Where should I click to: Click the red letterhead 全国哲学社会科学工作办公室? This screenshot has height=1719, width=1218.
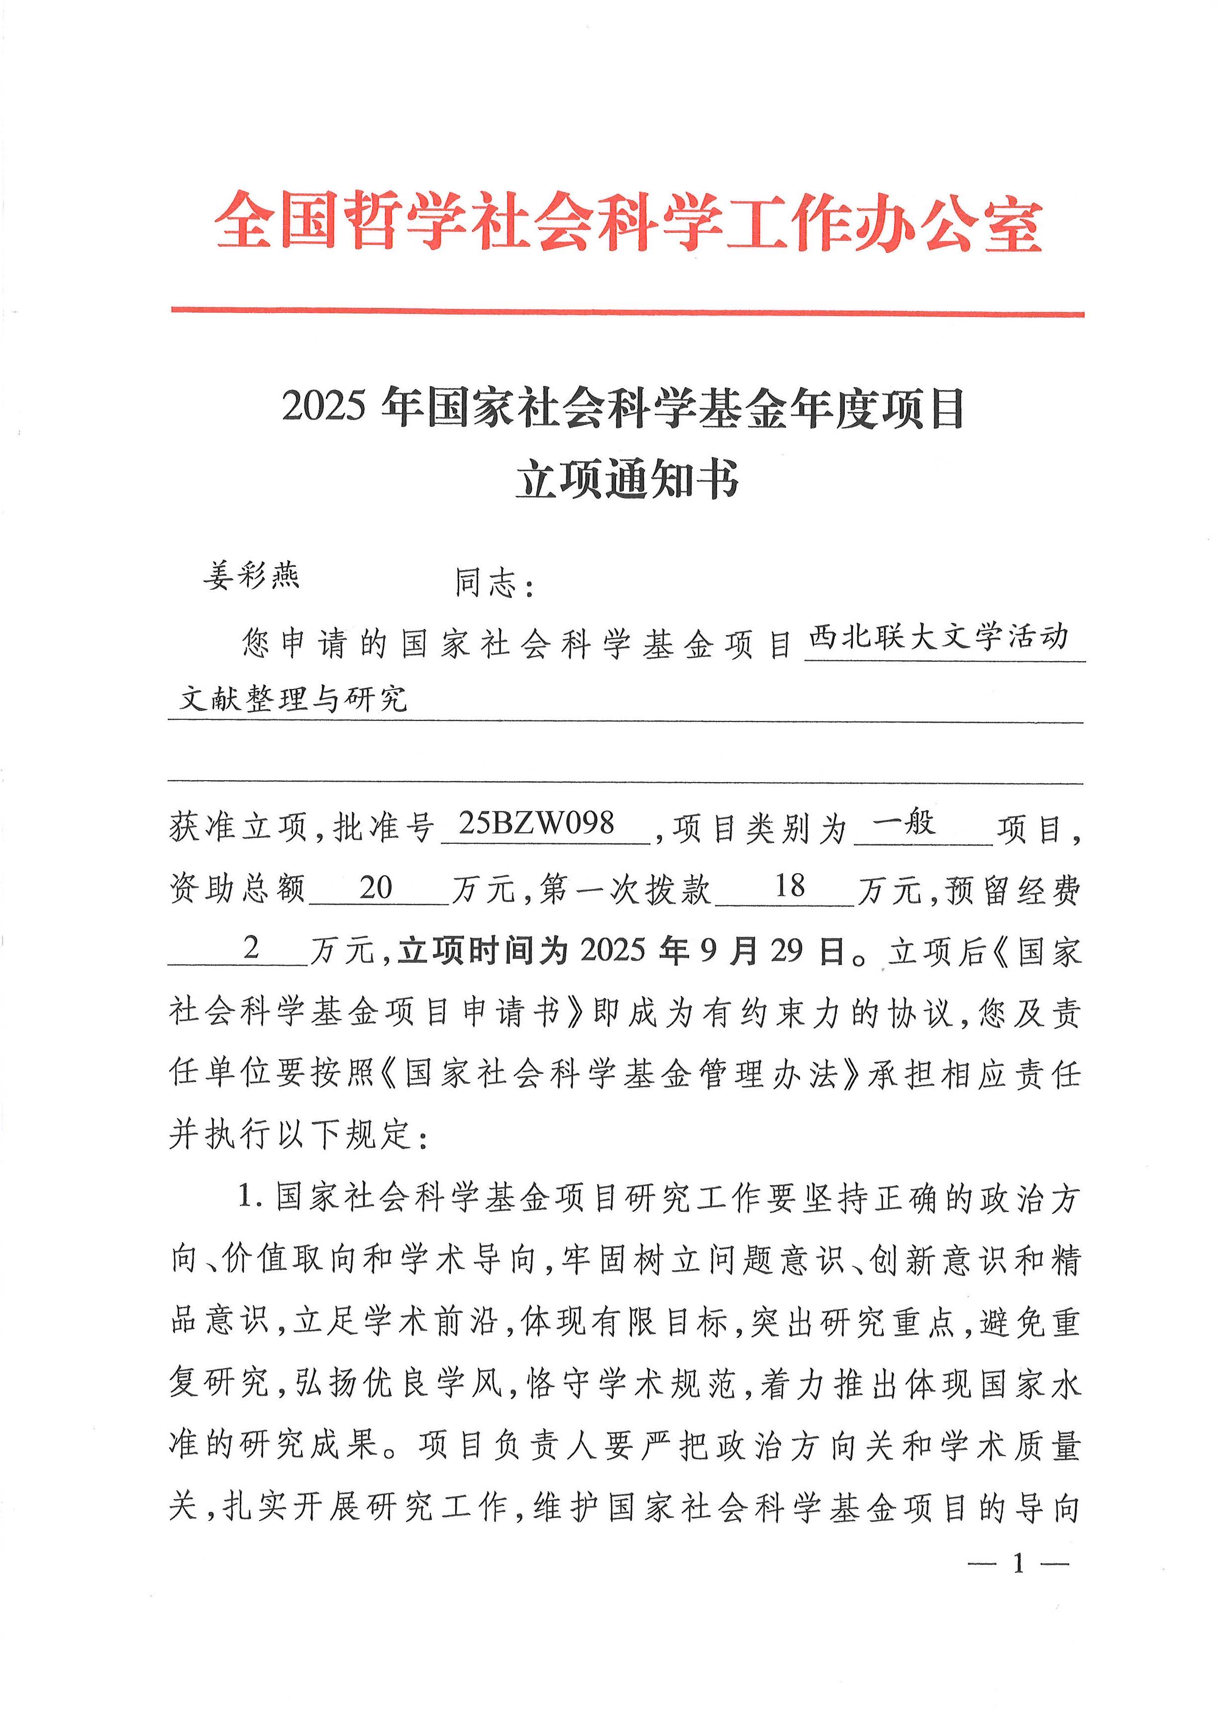628,220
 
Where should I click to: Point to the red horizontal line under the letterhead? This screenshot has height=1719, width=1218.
628,311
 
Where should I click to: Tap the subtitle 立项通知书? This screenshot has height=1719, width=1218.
627,479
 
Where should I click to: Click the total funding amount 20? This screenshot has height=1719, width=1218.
376,887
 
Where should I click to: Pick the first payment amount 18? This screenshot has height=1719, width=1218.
789,886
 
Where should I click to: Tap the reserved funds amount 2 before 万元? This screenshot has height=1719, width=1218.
251,948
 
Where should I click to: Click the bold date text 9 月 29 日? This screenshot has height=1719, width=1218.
773,951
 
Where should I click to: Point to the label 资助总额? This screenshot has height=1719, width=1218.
238,890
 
